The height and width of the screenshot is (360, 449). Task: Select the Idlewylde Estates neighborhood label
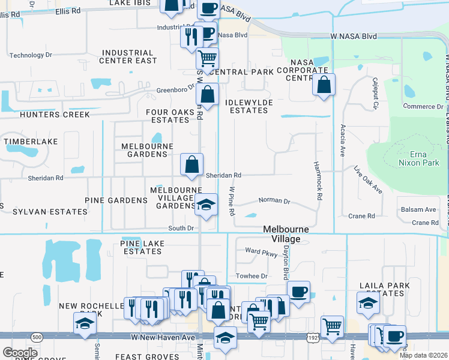249,107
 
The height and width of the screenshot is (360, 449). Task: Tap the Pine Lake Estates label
141,247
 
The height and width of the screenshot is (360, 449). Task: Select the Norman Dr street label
274,201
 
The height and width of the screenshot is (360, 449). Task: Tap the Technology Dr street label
31,55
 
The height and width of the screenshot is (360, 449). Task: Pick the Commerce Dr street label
423,107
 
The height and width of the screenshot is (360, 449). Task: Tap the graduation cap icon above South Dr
205,205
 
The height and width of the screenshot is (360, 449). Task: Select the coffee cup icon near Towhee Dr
298,292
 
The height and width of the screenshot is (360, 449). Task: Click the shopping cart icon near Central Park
207,59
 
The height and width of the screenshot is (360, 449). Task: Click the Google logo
20,353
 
